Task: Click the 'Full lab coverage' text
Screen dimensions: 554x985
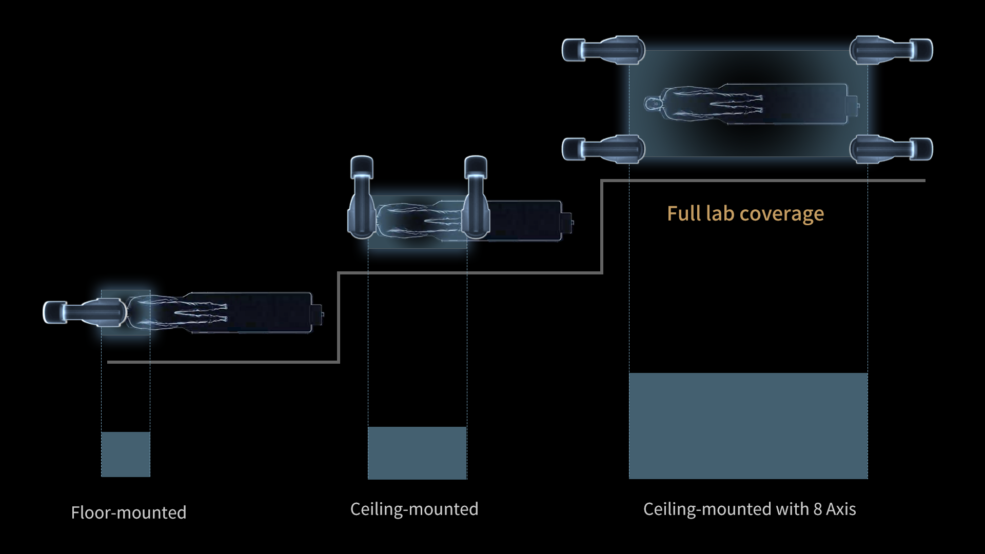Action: coord(745,213)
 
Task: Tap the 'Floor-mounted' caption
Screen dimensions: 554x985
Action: coord(128,512)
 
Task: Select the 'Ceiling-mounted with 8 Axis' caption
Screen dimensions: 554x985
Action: coord(749,509)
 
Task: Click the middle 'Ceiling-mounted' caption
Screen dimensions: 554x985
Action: coord(414,509)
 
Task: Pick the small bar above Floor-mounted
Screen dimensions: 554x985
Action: coord(126,454)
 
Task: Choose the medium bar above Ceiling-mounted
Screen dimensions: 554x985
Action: coord(417,453)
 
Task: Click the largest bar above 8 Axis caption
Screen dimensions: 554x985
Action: coord(748,426)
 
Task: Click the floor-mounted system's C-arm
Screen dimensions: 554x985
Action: coord(85,312)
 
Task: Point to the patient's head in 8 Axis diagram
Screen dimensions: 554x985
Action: coord(653,104)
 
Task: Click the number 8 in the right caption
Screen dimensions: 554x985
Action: coord(818,509)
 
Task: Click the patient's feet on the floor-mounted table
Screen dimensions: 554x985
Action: coord(224,312)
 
